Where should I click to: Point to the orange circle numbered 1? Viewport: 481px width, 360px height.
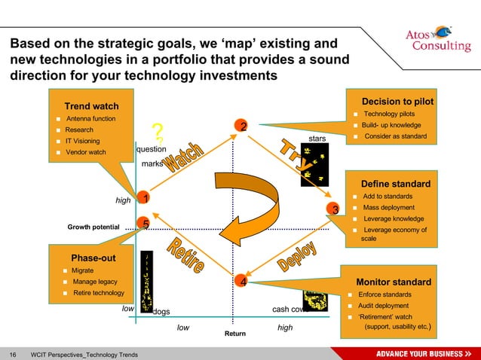click(145, 197)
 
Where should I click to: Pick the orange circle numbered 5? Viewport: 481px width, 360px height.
click(146, 224)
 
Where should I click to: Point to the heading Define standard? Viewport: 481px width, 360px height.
click(396, 184)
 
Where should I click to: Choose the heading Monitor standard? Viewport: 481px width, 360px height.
click(394, 282)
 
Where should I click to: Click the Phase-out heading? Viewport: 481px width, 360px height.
click(93, 257)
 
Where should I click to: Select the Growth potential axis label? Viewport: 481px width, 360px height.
click(93, 227)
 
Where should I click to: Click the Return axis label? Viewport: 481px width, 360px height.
click(234, 333)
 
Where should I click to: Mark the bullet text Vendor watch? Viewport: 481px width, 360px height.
click(86, 152)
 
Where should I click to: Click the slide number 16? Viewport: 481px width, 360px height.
click(13, 354)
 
